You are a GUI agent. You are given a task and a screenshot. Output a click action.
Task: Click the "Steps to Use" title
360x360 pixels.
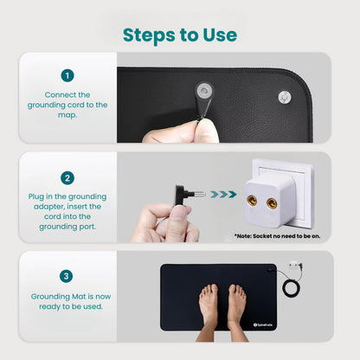[x=180, y=35]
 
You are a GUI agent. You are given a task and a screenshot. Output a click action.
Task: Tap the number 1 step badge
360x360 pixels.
[x=67, y=75]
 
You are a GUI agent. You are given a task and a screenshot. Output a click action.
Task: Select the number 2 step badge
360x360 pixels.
[x=67, y=178]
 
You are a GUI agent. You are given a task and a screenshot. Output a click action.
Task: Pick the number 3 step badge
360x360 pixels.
[x=67, y=276]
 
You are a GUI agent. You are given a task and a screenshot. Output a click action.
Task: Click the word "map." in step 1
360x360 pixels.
[x=67, y=115]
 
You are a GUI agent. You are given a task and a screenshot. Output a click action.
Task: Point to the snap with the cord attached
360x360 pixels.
[x=204, y=91]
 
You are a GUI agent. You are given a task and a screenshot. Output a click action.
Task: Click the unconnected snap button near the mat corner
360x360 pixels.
[x=285, y=97]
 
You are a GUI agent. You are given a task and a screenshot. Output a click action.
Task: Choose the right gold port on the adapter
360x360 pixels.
[x=272, y=203]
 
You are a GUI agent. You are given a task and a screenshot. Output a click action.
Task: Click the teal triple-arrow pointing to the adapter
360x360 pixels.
[x=223, y=194]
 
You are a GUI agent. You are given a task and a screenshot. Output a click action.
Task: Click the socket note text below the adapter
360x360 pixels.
[x=277, y=236]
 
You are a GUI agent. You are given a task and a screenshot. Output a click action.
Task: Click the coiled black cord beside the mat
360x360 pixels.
[x=292, y=288]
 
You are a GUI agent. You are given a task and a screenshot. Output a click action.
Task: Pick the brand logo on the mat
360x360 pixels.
[x=263, y=325]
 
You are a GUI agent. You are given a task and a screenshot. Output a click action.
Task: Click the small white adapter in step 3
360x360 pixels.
[x=295, y=265]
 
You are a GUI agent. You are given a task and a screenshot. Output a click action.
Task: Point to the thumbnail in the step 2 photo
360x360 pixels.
[x=180, y=213]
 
